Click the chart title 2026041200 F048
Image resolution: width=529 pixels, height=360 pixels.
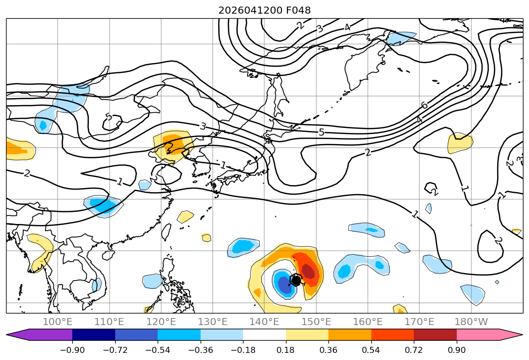tap(264, 10)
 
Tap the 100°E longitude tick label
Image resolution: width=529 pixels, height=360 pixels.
tap(58, 322)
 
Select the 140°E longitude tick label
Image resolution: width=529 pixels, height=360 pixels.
tap(264, 322)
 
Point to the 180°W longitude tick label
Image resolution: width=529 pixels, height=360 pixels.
tap(471, 322)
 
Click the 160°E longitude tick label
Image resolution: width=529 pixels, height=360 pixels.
tap(368, 322)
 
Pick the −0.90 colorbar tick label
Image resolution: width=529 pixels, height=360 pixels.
tap(72, 350)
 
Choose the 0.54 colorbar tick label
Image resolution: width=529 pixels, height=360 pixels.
tap(371, 350)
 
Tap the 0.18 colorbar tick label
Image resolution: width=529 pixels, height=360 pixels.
tap(285, 350)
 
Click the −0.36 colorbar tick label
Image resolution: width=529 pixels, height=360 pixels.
tap(201, 350)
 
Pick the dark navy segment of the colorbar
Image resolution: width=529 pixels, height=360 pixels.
tap(94, 334)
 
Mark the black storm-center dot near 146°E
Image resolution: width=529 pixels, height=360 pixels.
tap(296, 280)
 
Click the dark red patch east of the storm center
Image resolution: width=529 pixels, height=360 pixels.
tap(309, 271)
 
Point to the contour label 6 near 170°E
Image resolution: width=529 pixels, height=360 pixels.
tap(425, 106)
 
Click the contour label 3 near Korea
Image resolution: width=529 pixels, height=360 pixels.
tap(203, 126)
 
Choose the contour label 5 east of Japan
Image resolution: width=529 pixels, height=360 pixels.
tap(321, 132)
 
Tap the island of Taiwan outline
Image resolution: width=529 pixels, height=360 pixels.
tap(166, 232)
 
